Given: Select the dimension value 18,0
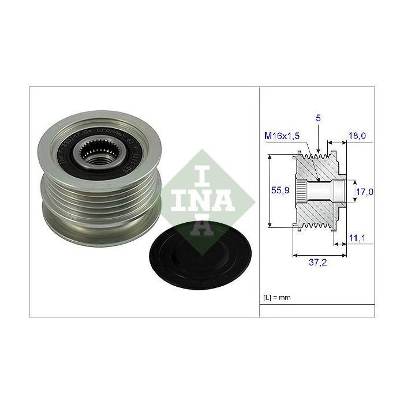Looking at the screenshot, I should click(358, 136).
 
